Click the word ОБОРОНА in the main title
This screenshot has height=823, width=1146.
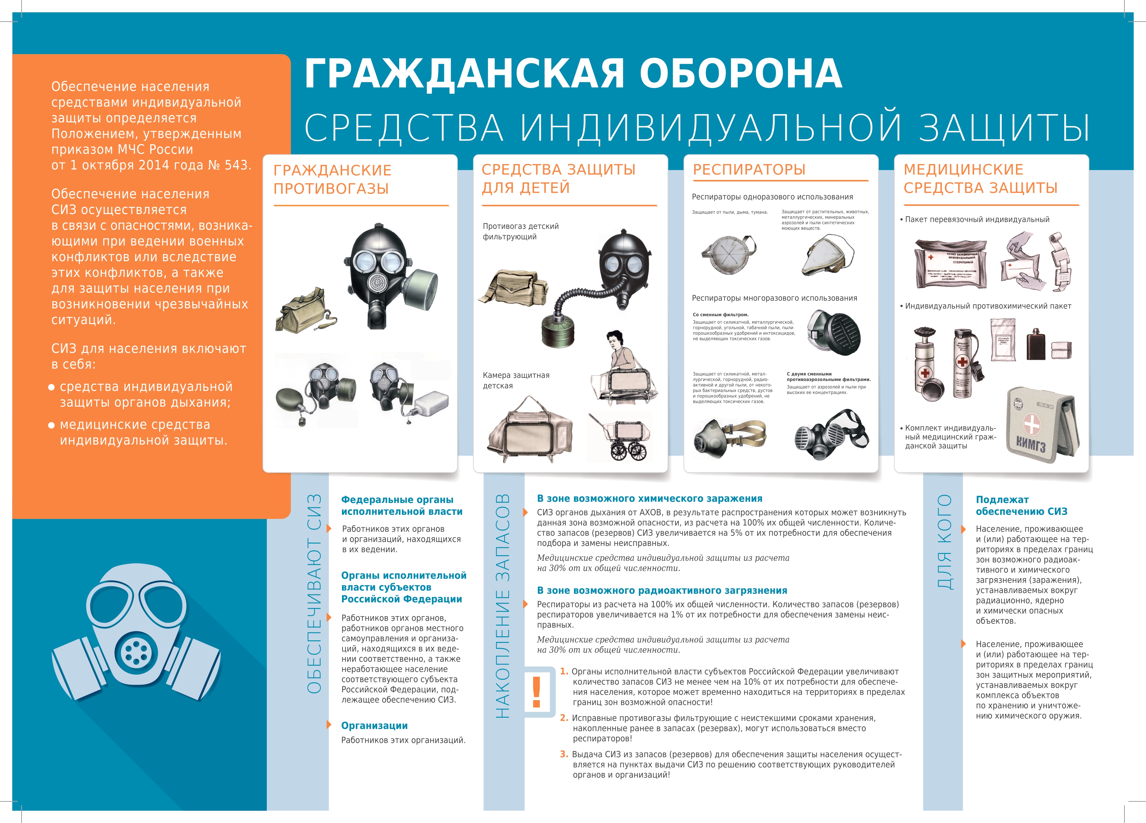(740, 74)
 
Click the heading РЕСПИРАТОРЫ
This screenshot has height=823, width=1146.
(749, 170)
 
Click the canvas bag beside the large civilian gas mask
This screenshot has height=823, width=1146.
(304, 311)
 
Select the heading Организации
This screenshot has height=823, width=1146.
(374, 726)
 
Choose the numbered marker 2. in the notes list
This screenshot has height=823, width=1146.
(564, 718)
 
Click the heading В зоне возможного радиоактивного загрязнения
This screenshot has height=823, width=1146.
(662, 591)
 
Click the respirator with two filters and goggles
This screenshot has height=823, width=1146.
(831, 434)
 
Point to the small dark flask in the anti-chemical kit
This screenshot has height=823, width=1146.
(1036, 345)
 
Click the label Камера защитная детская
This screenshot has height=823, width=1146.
(515, 380)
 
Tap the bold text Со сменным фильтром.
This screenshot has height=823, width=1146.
(720, 315)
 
